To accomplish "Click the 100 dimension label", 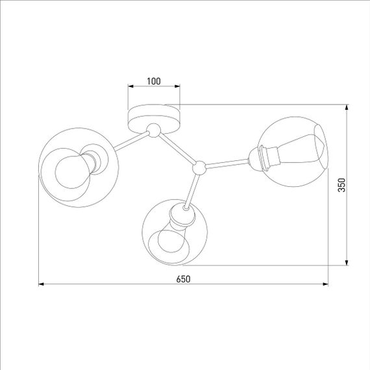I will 153,81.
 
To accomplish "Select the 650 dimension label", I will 183,278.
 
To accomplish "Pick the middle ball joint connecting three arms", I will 200,167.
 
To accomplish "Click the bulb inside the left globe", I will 70,170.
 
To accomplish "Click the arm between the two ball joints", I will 177,149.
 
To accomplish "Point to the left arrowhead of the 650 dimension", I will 42,284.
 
